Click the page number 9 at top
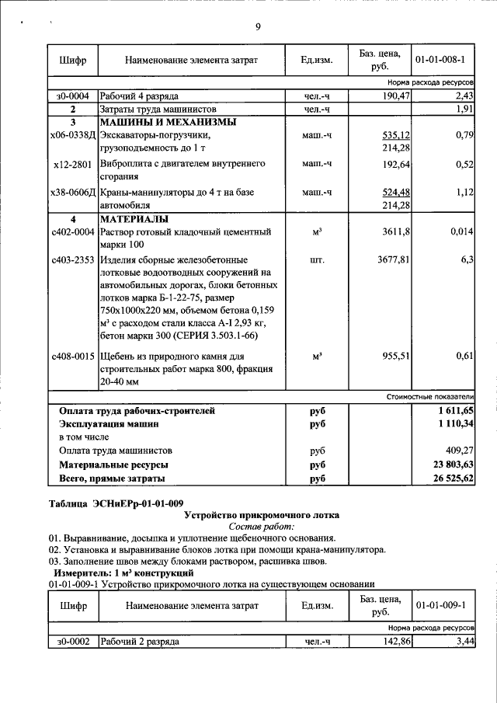258,28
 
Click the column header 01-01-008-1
440,60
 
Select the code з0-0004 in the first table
72,96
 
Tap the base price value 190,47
395,96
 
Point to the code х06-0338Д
72,135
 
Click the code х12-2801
72,164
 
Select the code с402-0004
72,231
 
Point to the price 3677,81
393,259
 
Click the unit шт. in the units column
317,259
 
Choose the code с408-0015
72,357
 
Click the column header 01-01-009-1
440,604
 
